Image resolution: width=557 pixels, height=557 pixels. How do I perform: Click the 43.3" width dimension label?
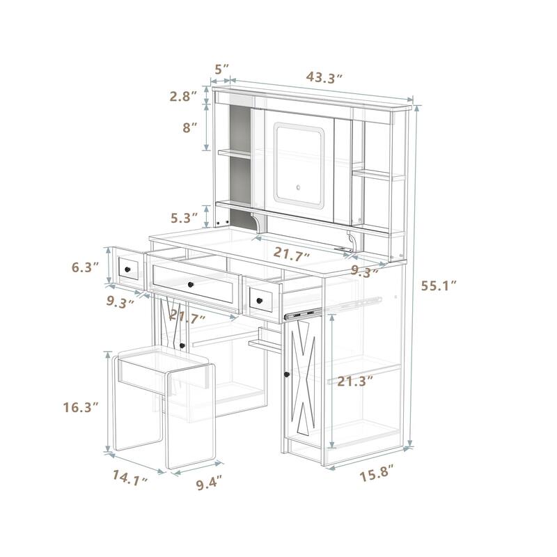(324, 77)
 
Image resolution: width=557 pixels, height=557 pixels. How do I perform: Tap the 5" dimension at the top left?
(221, 69)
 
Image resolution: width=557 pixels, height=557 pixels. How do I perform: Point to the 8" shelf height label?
(189, 128)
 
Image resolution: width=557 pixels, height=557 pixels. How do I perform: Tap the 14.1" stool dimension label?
(130, 478)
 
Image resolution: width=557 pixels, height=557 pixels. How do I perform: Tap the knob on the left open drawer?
(127, 268)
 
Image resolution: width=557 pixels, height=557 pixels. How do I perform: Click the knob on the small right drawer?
(260, 299)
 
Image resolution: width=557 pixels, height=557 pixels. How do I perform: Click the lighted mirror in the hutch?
(300, 163)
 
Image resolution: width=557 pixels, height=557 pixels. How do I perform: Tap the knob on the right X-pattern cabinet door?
(286, 376)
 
